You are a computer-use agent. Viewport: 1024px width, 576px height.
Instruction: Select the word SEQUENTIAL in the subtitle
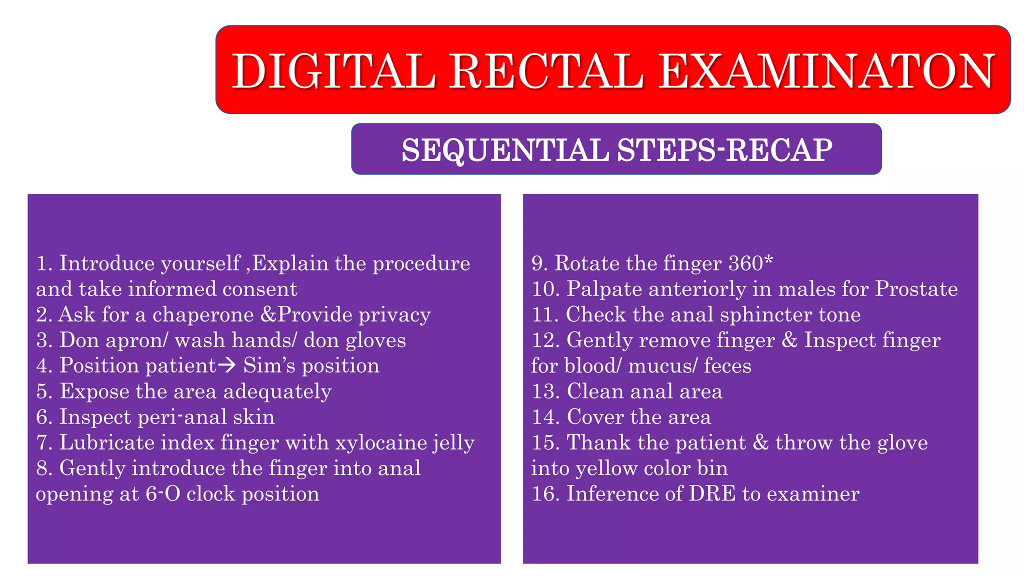pos(505,150)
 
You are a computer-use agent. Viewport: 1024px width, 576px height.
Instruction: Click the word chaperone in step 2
pos(203,315)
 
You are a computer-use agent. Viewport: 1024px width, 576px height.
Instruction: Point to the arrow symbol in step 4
pos(227,365)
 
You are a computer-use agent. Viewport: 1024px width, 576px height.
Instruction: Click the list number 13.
pos(545,391)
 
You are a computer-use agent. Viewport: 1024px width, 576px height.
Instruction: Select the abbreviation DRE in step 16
pos(712,494)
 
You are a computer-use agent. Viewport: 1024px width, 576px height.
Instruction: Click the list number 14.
pos(545,417)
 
